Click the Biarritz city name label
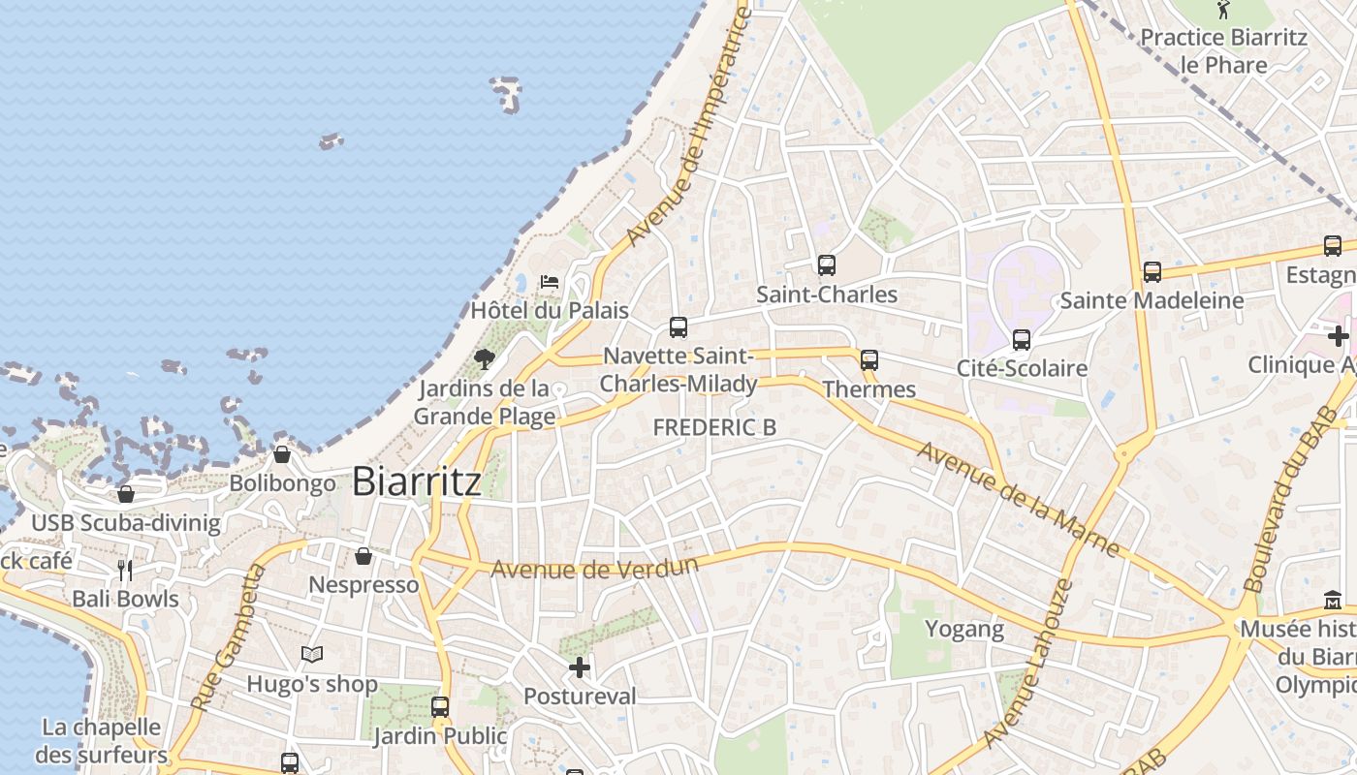[416, 480]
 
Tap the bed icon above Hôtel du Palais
[550, 282]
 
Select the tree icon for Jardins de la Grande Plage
[485, 360]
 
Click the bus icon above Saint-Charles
[826, 264]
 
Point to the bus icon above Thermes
[868, 360]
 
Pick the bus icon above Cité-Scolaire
[1021, 339]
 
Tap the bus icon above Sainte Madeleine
[1152, 272]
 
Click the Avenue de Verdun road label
[594, 567]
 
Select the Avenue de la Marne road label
[1018, 499]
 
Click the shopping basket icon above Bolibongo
[282, 453]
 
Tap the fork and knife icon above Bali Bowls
[125, 570]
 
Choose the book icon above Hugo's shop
[311, 655]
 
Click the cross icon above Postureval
[580, 667]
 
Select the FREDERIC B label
[714, 426]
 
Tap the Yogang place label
[963, 629]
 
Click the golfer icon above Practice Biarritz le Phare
[1223, 11]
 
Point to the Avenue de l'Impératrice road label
[688, 126]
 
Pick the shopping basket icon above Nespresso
[363, 556]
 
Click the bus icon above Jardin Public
[440, 706]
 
